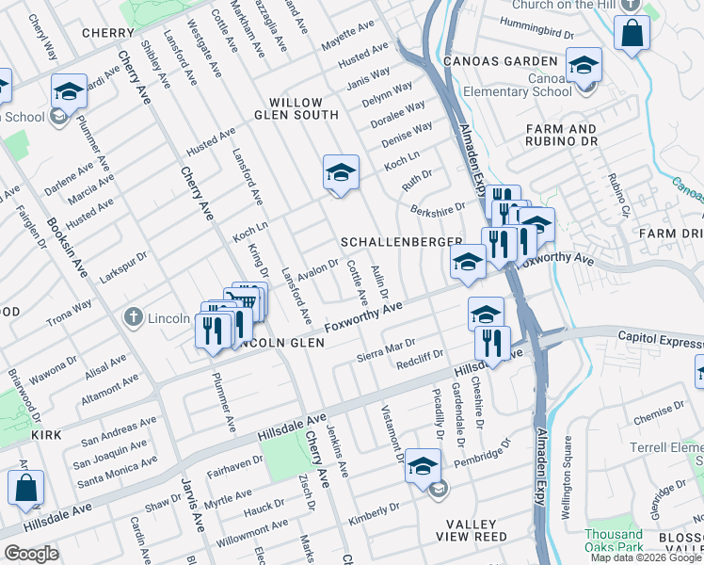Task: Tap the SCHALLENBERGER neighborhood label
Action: pyautogui.click(x=402, y=242)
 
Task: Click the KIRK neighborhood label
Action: pyautogui.click(x=45, y=435)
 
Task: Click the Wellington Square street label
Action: pyautogui.click(x=567, y=476)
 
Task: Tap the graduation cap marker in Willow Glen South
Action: pyautogui.click(x=341, y=173)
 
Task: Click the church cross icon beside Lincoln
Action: pyautogui.click(x=136, y=318)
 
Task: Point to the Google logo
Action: pyautogui.click(x=31, y=554)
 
